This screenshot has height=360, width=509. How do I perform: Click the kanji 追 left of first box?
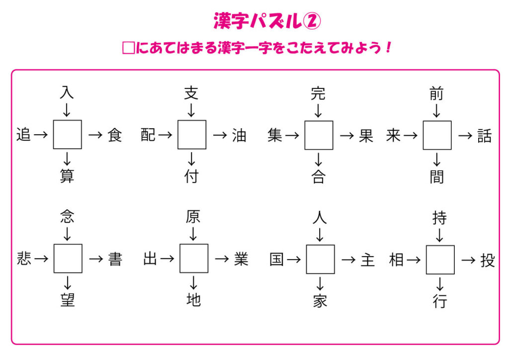point(23,135)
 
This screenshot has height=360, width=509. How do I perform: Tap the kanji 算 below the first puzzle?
point(67,176)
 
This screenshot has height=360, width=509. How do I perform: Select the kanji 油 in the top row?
point(239,135)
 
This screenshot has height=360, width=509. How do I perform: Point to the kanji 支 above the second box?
point(191,93)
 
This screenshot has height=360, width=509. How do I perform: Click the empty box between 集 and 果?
point(319,135)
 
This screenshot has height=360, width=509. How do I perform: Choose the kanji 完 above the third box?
point(318,93)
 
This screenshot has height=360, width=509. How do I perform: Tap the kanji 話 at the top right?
point(484,136)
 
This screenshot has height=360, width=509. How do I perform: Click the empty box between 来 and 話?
point(437,135)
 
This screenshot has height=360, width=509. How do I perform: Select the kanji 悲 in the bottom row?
point(23,259)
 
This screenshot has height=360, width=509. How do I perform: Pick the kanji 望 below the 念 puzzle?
point(67,300)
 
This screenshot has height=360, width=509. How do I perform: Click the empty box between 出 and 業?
point(194,259)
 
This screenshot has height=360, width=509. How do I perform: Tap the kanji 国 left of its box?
point(277,259)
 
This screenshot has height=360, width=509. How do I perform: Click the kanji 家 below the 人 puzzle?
point(320,301)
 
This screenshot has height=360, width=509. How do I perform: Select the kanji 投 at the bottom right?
point(488,260)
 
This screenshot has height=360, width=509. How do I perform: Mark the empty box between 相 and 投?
point(440,260)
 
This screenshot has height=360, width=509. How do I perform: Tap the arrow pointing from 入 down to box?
point(67,109)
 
